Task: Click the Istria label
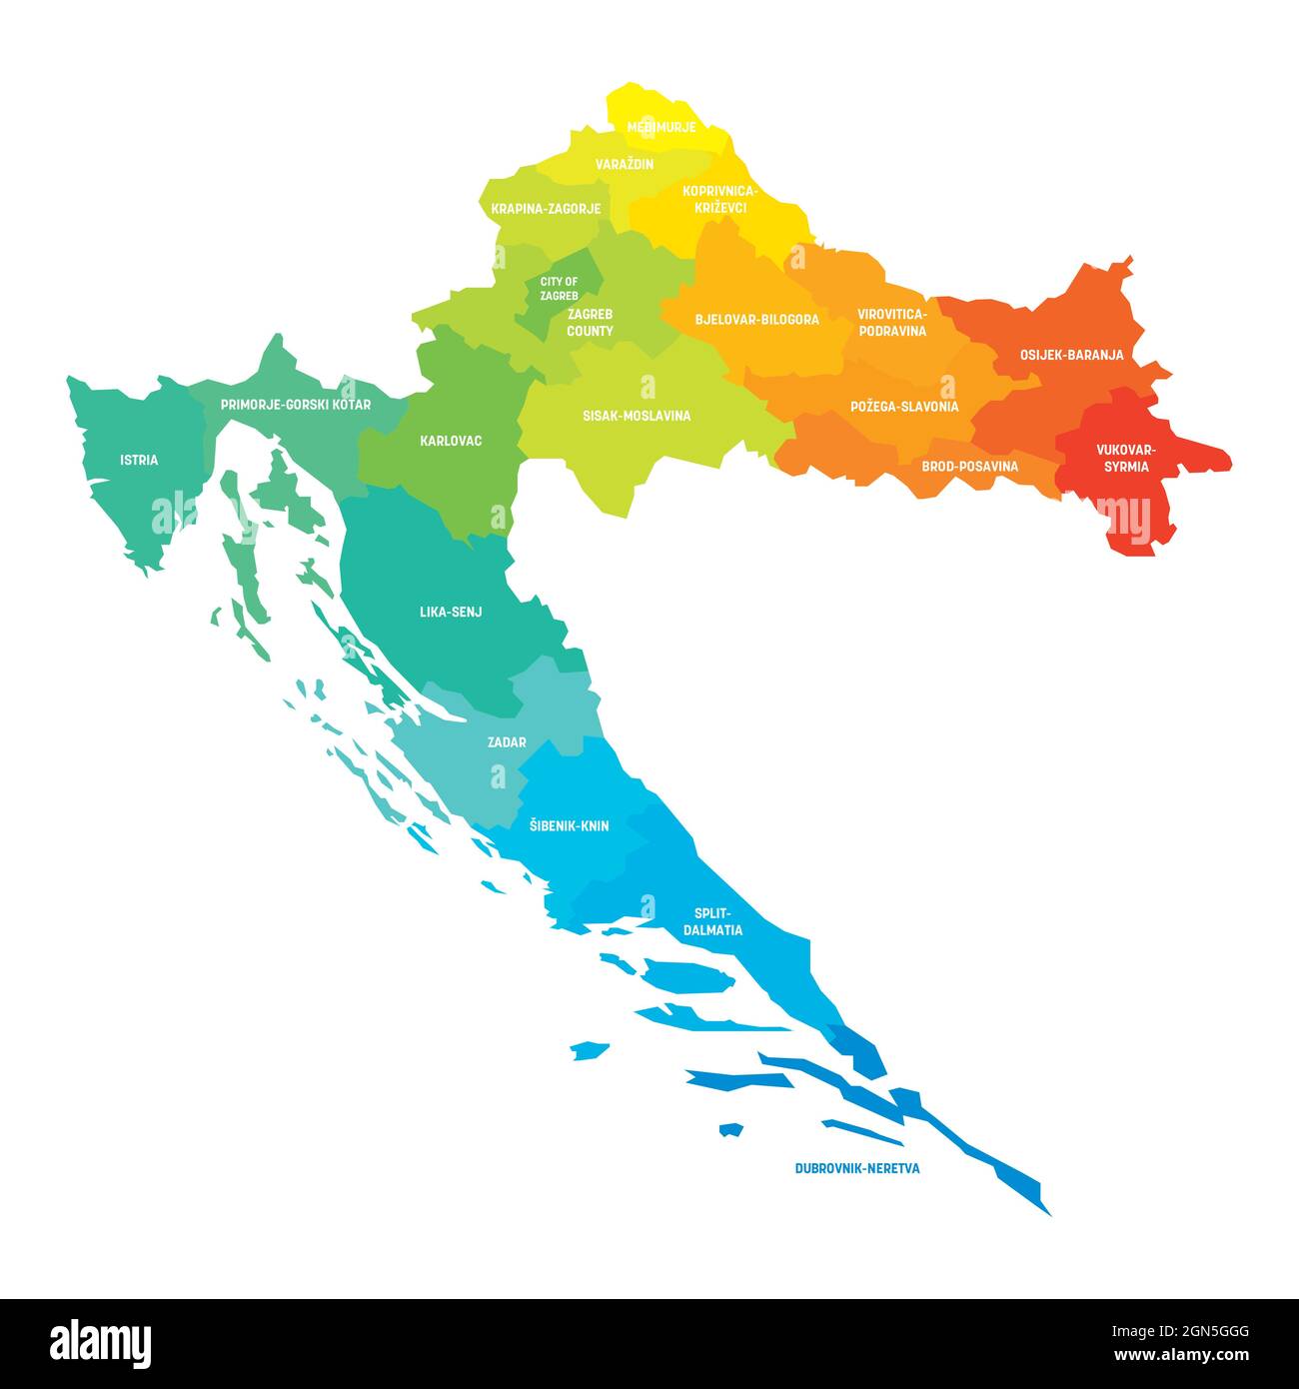point(139,461)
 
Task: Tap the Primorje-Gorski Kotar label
point(296,405)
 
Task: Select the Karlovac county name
point(451,440)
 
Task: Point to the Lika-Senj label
point(451,612)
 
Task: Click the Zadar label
point(507,742)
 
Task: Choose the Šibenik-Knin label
point(569,826)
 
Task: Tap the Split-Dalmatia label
point(712,921)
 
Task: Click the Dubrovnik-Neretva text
point(857,1167)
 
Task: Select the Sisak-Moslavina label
point(637,416)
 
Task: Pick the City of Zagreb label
point(559,289)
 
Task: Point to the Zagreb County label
point(591,322)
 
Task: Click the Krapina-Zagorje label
point(546,209)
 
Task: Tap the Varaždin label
point(625,164)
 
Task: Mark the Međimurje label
point(661,127)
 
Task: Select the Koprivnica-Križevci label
point(720,199)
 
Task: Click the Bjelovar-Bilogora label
point(756,320)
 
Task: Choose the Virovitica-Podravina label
point(891,322)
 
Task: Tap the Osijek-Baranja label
point(1071,355)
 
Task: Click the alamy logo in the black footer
point(100,1342)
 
